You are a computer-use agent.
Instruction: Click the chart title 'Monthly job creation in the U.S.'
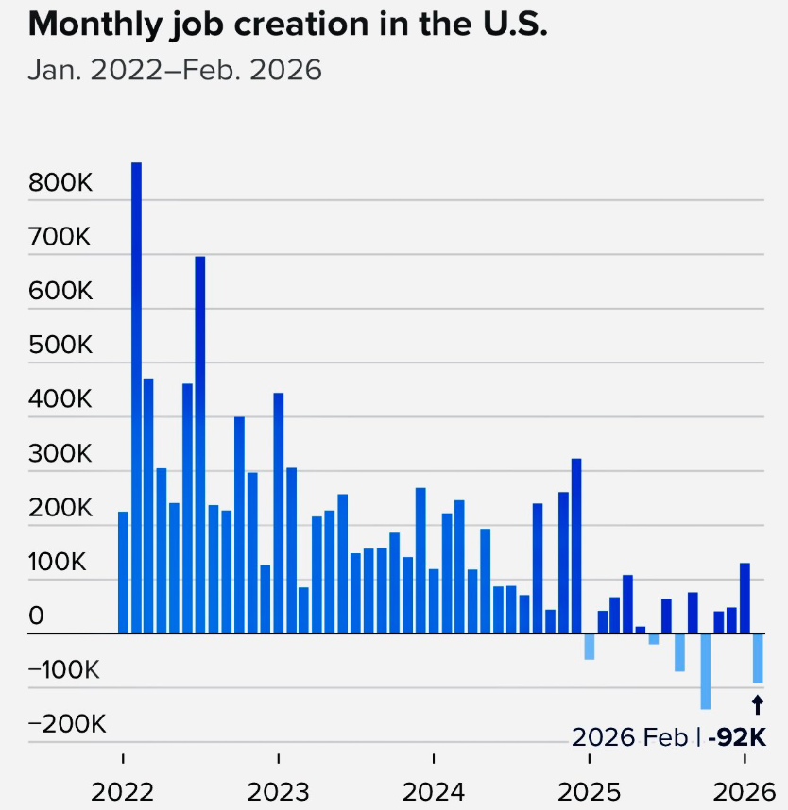(288, 25)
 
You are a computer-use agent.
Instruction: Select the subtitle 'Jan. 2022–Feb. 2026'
(175, 70)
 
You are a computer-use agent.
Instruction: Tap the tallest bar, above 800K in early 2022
(136, 397)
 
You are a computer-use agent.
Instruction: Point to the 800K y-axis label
(60, 183)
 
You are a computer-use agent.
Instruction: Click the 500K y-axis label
(60, 346)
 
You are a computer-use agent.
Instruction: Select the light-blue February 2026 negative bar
(757, 658)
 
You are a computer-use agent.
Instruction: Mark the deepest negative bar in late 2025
(706, 671)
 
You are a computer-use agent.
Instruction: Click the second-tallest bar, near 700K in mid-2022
(200, 444)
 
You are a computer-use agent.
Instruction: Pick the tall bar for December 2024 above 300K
(576, 546)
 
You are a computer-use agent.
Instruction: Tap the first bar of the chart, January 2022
(123, 572)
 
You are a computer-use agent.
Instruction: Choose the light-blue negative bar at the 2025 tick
(590, 647)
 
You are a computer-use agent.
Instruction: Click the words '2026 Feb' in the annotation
(630, 737)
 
